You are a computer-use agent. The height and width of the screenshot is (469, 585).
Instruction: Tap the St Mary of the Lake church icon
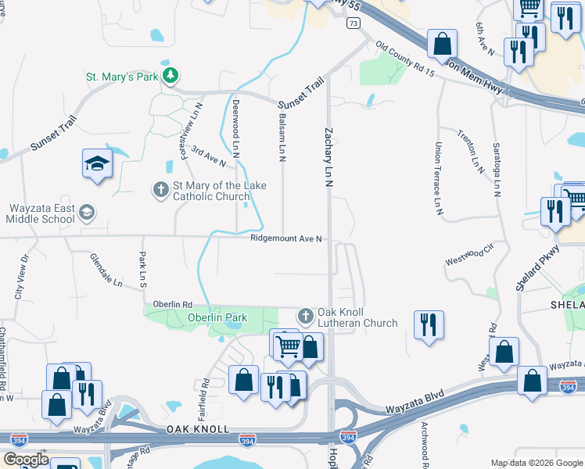coord(160,188)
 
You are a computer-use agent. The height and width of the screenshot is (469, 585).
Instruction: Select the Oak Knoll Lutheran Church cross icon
coord(305,317)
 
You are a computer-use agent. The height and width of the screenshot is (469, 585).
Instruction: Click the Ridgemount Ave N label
coord(286,239)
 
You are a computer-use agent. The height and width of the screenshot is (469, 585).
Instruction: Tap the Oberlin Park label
coord(217,317)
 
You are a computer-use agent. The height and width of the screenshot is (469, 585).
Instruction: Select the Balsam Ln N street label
coord(281,136)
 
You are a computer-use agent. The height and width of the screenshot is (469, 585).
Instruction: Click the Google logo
coord(27,460)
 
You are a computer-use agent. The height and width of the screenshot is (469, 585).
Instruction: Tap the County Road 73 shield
coord(354,24)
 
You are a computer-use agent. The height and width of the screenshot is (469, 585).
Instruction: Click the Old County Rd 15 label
coord(404,59)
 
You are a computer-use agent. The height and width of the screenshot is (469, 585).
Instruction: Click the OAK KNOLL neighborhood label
coord(198,429)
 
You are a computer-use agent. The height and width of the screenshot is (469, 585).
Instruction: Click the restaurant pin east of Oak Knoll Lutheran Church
coord(428,324)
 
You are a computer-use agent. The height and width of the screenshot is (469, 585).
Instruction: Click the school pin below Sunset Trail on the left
coord(97,164)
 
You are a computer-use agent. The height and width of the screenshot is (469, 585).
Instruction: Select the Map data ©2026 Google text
coord(536,463)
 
